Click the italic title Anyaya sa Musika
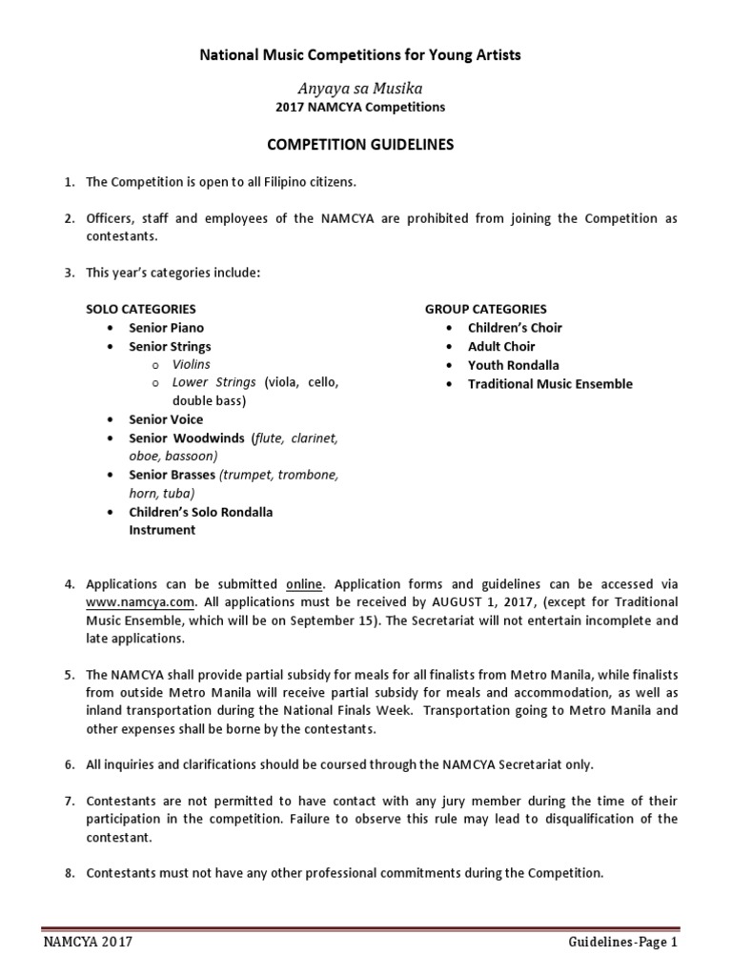pos(359,88)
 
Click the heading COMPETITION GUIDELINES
pos(359,146)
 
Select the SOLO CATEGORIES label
pos(141,309)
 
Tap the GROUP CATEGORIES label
pos(486,309)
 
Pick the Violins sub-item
pos(192,364)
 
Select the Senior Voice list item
pos(166,419)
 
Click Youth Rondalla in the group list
pos(513,365)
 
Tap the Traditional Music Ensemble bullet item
pos(550,384)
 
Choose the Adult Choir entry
pos(501,346)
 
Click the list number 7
pos(69,801)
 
